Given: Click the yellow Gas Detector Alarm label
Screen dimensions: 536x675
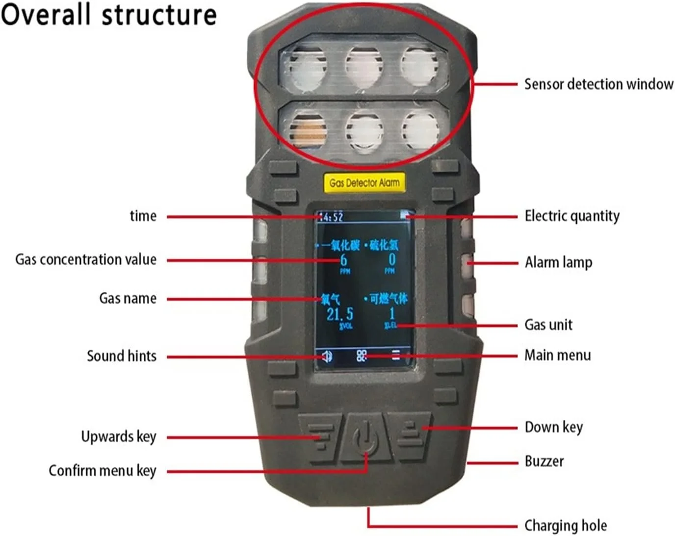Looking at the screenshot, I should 364,182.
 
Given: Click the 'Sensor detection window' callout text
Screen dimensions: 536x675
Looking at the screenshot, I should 598,84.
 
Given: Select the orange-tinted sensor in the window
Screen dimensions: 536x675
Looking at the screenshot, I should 308,131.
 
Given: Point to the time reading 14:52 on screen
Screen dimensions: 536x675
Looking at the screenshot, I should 331,216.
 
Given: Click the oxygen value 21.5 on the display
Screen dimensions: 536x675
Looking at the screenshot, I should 340,314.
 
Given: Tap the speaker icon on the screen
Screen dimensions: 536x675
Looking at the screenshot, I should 327,356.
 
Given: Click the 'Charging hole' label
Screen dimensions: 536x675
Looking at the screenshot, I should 565,526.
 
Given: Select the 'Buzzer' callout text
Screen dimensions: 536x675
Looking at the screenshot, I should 544,461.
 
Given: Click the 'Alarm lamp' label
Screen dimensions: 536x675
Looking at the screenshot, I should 558,262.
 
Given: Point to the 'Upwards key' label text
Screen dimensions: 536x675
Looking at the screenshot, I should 119,436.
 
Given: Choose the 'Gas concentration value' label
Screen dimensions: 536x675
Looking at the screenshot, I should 86,259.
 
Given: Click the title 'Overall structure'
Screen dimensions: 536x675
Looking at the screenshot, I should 108,14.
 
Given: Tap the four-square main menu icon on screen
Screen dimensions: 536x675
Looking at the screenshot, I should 362,356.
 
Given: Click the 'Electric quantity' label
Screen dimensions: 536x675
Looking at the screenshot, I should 572,216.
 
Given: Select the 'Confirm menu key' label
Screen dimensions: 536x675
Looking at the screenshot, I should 102,471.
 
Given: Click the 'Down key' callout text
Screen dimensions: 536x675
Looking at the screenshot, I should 553,427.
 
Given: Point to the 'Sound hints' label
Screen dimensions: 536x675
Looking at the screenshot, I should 122,356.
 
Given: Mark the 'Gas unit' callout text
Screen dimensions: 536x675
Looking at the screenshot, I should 548,325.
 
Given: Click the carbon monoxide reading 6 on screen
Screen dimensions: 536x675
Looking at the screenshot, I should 343,259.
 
